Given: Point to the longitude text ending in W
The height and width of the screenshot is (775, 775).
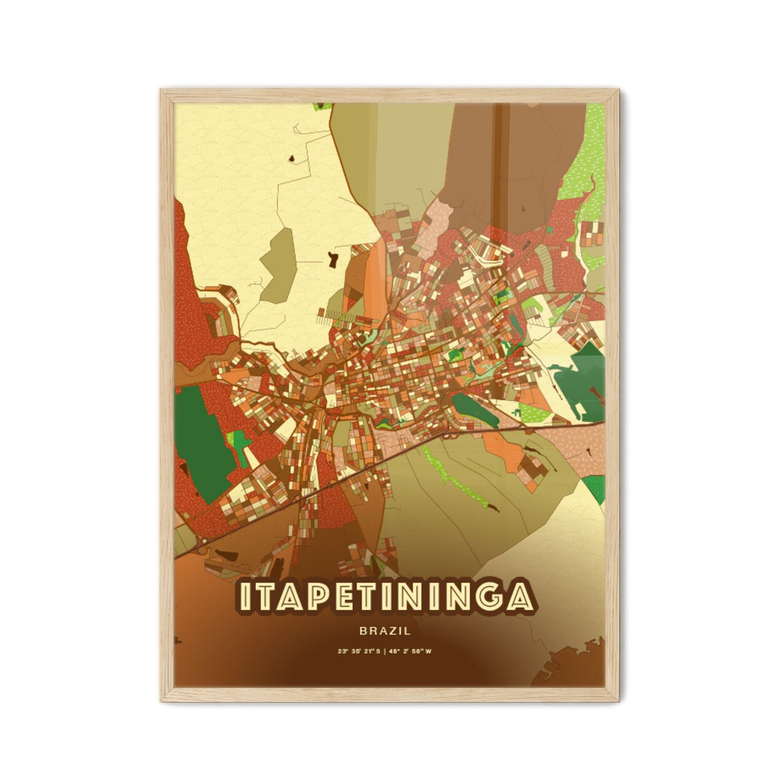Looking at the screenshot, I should [418, 652].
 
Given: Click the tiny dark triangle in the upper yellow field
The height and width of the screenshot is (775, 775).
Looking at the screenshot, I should [292, 158].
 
